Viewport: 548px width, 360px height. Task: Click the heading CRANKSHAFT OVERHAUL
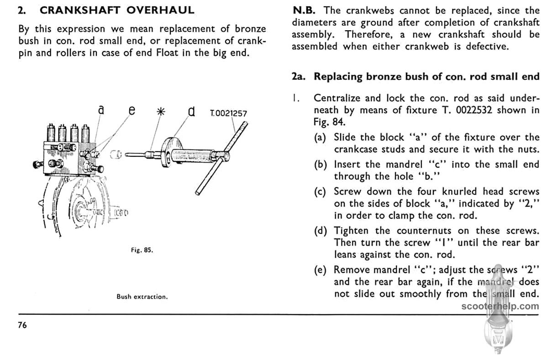[116, 10]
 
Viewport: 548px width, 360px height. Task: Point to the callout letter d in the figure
[191, 111]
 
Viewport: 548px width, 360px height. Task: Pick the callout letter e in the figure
[132, 111]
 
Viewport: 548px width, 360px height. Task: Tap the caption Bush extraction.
[142, 296]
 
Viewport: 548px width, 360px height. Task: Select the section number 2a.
[298, 77]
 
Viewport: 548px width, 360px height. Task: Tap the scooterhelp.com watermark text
[500, 306]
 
